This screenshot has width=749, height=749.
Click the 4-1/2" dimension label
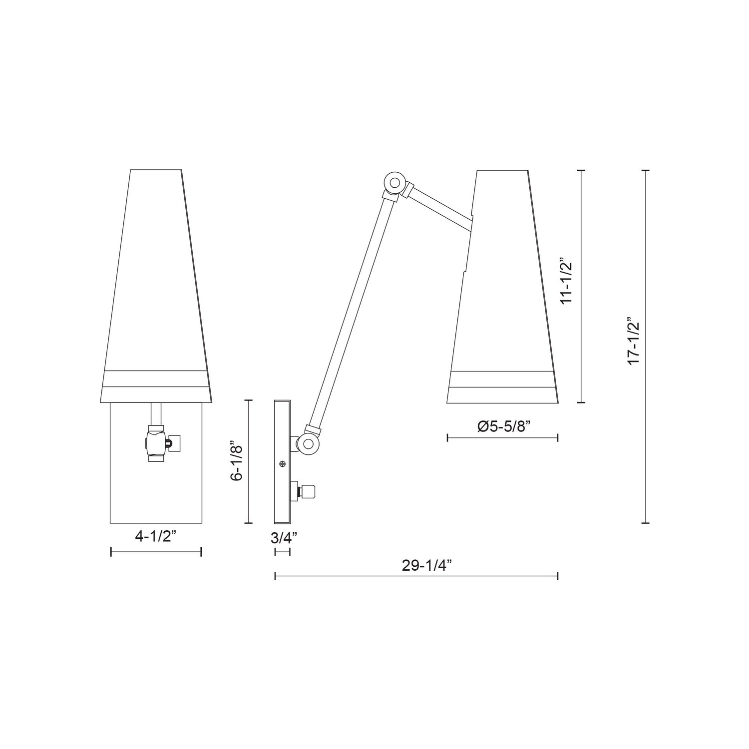(x=155, y=537)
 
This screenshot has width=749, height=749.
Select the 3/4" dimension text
(x=284, y=538)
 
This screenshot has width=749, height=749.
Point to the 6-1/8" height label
(x=237, y=461)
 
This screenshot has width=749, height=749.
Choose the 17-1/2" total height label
(x=634, y=341)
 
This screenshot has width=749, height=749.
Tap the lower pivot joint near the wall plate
(x=308, y=443)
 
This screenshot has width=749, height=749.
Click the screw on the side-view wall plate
(x=283, y=464)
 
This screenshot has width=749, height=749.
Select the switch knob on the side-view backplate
(x=309, y=491)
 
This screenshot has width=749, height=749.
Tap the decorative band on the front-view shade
(x=155, y=379)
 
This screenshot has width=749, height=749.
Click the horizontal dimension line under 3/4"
(x=283, y=552)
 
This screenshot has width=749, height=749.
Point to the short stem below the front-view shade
(x=156, y=414)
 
